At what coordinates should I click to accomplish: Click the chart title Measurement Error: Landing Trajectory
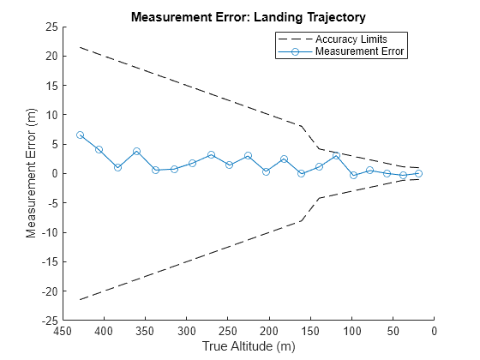248,16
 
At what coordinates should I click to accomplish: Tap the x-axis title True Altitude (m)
248,346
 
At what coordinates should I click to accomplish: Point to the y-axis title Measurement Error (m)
31,173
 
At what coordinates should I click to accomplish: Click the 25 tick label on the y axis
51,27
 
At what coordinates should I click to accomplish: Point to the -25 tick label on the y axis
49,321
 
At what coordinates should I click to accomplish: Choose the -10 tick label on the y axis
49,232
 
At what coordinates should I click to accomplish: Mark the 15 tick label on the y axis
51,85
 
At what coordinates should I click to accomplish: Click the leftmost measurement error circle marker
80,135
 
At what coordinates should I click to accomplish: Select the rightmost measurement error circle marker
418,173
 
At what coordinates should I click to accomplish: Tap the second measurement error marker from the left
99,149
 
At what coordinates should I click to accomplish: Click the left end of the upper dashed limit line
80,47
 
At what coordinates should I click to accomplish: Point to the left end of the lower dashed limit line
80,299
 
